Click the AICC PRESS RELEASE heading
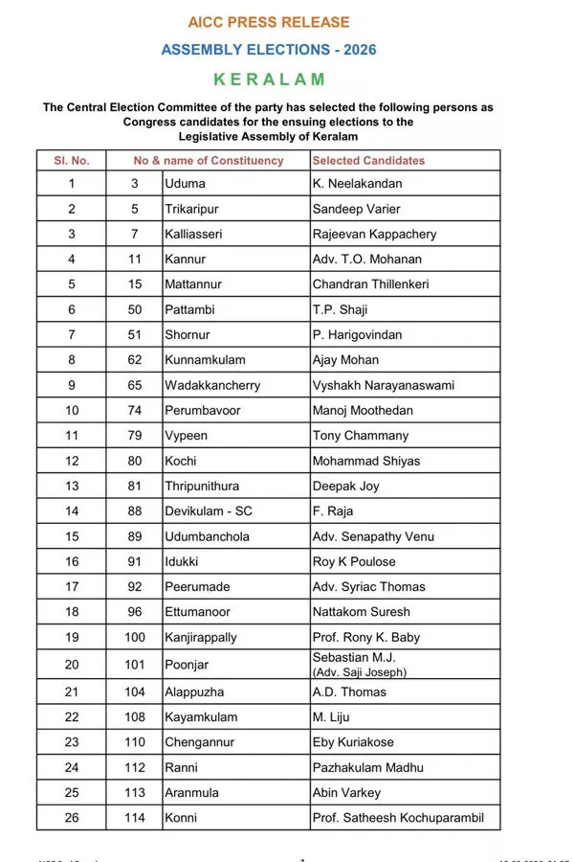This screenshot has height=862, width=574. [269, 22]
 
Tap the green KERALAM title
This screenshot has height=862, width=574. [269, 79]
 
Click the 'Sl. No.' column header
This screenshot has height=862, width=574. [72, 161]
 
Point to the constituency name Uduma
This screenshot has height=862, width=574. [185, 183]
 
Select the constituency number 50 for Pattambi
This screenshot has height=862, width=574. [135, 309]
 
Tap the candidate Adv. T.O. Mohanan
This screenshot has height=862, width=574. [366, 259]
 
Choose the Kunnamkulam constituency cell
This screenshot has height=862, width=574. [205, 360]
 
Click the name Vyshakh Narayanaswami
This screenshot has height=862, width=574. [383, 385]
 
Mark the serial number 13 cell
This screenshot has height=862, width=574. [72, 486]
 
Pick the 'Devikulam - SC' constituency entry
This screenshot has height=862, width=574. [209, 511]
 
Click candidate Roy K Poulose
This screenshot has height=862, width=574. [353, 561]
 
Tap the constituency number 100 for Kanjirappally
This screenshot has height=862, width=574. [135, 637]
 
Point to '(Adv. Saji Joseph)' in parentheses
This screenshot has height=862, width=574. [359, 672]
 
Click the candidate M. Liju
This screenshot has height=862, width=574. [332, 716]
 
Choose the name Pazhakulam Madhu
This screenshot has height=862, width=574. [367, 767]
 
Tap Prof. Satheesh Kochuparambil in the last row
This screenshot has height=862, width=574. [398, 818]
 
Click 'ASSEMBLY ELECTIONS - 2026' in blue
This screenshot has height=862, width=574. [269, 50]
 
